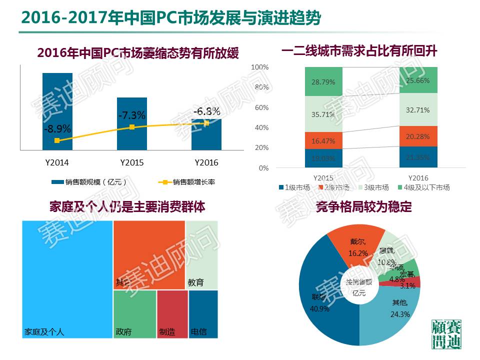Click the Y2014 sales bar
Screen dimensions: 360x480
[57, 100]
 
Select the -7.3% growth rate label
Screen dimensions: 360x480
[132, 115]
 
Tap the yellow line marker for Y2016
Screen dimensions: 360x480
[206, 123]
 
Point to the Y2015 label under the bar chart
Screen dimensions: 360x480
[132, 163]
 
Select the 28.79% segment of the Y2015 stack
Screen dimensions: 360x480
[323, 81]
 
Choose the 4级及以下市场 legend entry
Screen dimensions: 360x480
[425, 187]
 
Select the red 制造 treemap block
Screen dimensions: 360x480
[172, 312]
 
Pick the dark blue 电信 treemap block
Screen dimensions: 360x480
[203, 312]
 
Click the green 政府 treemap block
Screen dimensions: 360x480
[134, 312]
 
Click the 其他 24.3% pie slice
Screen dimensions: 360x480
[395, 315]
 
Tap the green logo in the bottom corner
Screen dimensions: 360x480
[446, 334]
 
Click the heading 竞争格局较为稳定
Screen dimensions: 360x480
[363, 206]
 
